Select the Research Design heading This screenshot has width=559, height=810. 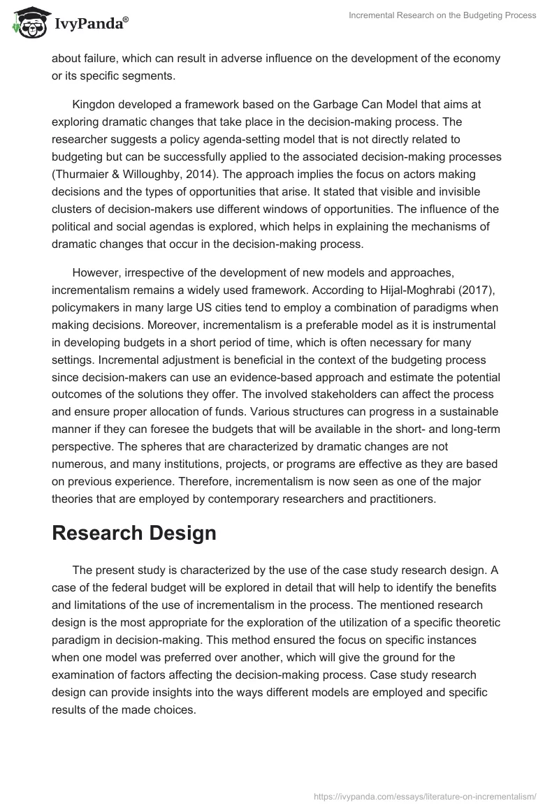134,533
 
